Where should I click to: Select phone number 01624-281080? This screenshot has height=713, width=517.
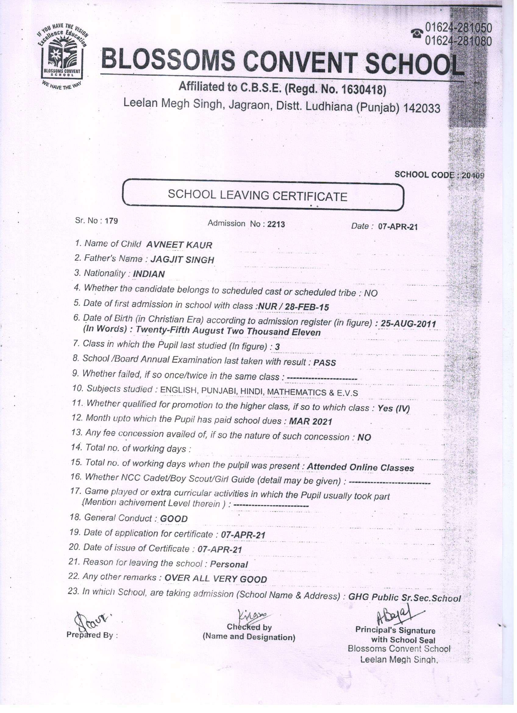[x=458, y=41]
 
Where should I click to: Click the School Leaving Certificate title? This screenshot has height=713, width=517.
[x=257, y=195]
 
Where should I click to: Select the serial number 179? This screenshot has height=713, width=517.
[x=111, y=221]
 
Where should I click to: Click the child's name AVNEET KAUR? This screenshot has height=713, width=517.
[x=179, y=245]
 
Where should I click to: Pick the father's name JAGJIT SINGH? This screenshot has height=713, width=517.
[x=182, y=260]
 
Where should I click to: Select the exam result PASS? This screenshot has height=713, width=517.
[x=325, y=363]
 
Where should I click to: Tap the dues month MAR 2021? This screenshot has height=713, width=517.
[x=310, y=421]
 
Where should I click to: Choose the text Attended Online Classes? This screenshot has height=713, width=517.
[x=360, y=468]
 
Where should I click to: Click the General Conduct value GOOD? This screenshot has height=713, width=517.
[x=174, y=519]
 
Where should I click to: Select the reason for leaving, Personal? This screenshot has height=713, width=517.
[x=229, y=564]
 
